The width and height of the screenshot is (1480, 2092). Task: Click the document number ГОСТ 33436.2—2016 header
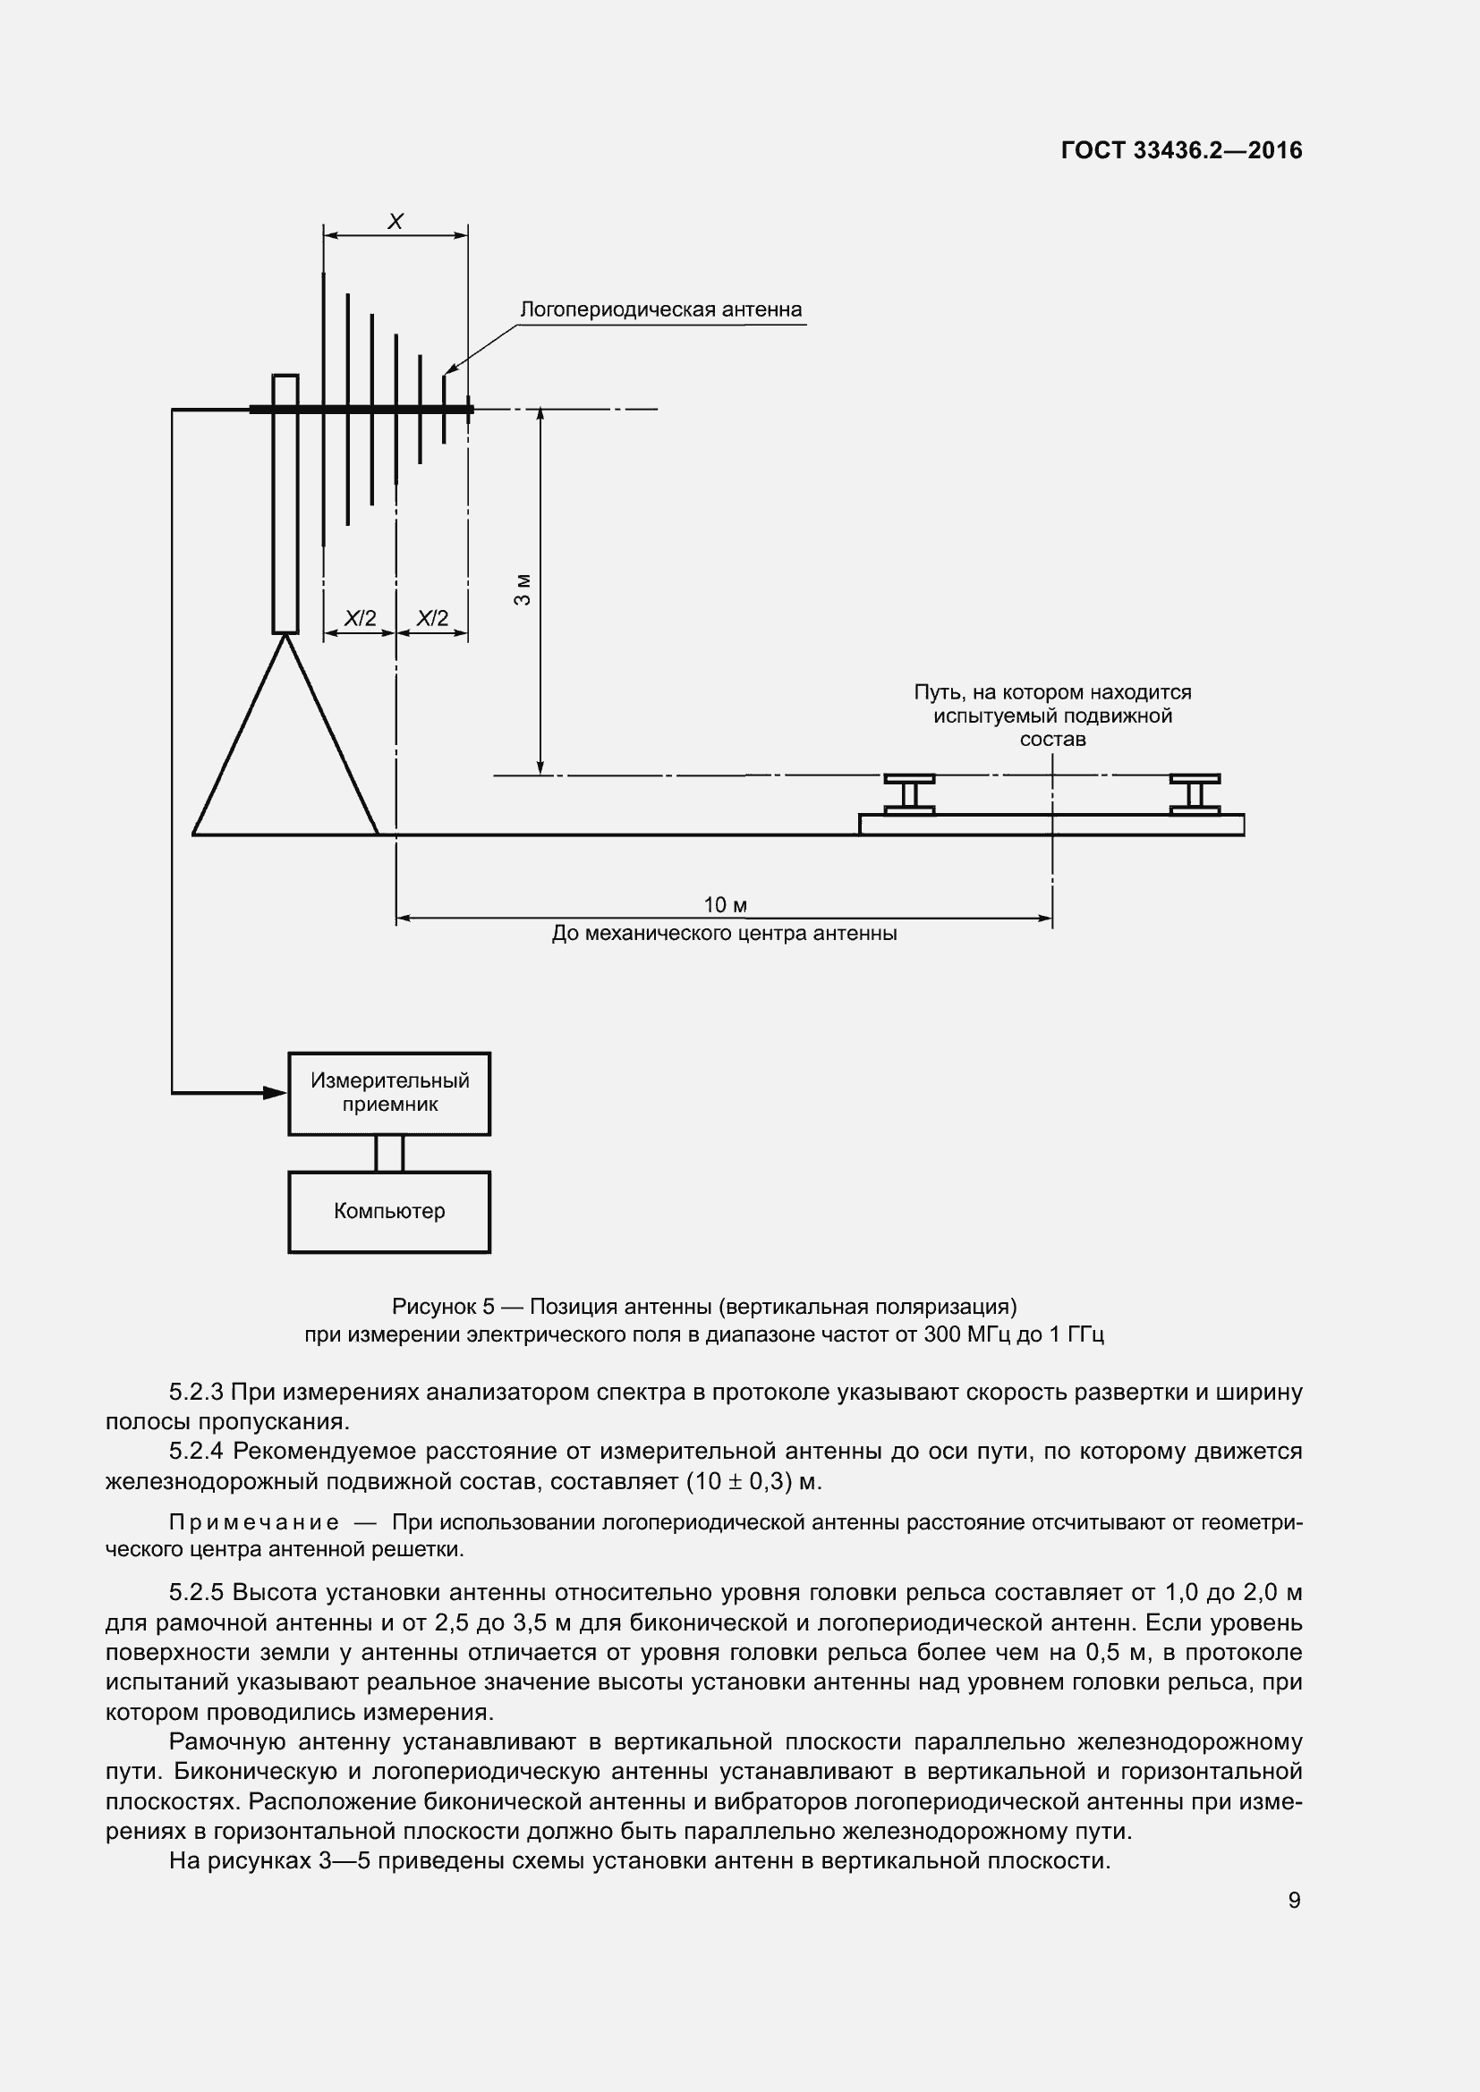point(1181,151)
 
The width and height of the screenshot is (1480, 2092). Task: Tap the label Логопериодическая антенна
point(660,309)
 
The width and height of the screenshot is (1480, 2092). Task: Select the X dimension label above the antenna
point(396,222)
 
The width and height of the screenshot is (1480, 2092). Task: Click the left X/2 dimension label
point(360,619)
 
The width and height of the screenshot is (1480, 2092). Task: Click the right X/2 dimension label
point(432,619)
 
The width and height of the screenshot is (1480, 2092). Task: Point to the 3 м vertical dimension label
point(523,589)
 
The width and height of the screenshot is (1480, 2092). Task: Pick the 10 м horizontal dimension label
point(725,905)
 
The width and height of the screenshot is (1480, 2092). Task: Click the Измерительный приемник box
point(389,1093)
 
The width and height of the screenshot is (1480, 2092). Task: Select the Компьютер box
point(389,1212)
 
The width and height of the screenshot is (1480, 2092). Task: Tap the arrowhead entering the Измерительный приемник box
point(276,1092)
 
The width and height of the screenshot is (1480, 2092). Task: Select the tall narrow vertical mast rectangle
point(285,503)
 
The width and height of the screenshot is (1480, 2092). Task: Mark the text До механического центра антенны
point(725,934)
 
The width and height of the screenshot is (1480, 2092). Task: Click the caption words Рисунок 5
point(443,1307)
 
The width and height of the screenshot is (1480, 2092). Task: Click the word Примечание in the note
point(254,1522)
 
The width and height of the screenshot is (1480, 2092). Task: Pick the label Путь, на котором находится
point(1052,692)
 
